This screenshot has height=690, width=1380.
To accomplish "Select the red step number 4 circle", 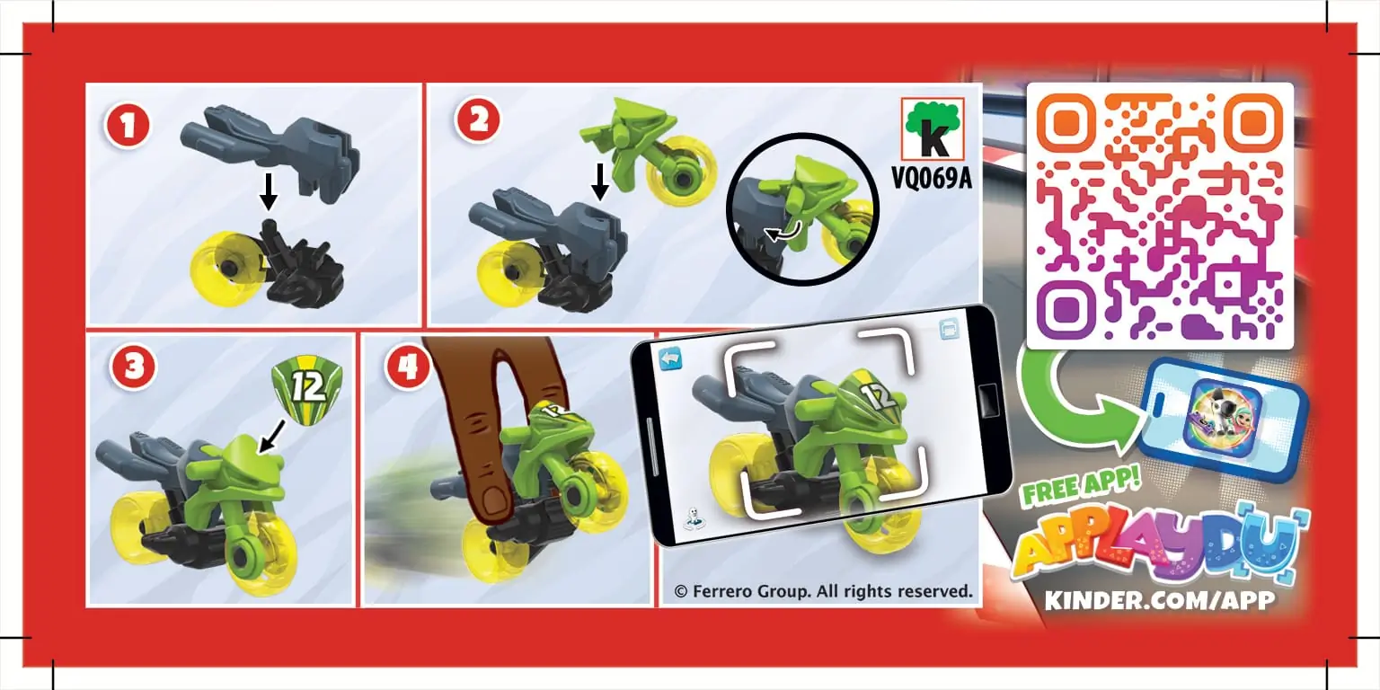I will tap(408, 368).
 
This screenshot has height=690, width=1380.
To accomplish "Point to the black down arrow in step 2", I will tap(600, 182).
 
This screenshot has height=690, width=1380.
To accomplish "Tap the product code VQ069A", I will tap(933, 178).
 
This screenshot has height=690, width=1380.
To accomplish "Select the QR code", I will tap(1159, 216).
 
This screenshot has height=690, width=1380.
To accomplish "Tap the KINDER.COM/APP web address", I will tap(1159, 600).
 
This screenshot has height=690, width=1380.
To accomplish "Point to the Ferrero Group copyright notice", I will tap(823, 591).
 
